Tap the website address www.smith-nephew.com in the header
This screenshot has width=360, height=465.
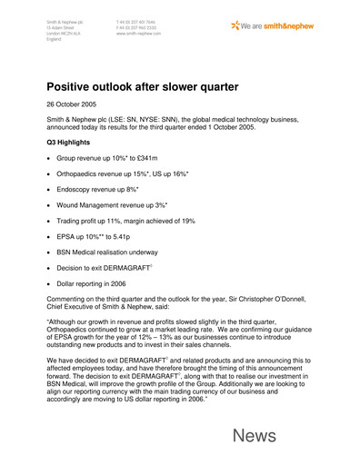coord(139,32)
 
